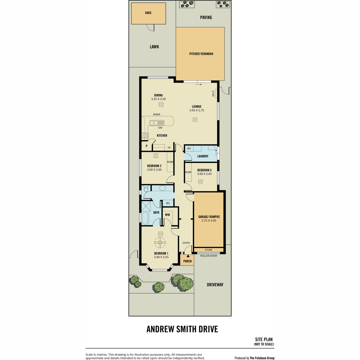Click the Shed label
[x=148, y=13]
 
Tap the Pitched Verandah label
[x=201, y=54]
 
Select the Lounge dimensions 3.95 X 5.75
[x=196, y=110]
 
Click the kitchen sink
[x=157, y=123]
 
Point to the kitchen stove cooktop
[x=145, y=135]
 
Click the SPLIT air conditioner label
[x=213, y=94]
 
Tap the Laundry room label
[x=203, y=156]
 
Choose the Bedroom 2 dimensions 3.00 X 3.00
[x=154, y=169]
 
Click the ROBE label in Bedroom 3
[x=188, y=172]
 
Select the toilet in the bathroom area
[x=146, y=189]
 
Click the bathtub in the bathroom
[x=145, y=218]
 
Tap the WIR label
[x=167, y=215]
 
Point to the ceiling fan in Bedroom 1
[x=160, y=242]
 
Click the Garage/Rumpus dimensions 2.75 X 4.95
[x=209, y=220]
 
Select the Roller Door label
[x=208, y=256]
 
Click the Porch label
[x=187, y=261]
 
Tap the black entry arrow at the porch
[x=188, y=256]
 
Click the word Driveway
[x=215, y=285]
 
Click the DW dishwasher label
[x=160, y=128]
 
